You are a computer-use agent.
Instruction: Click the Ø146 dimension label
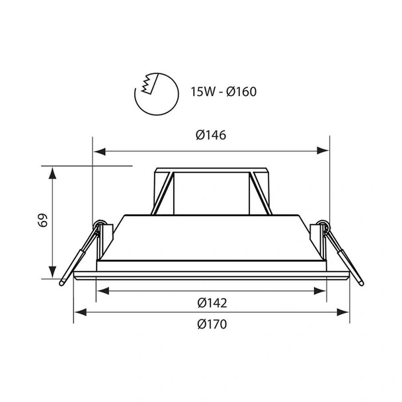click(x=212, y=136)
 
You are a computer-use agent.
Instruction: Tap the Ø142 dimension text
click(x=212, y=303)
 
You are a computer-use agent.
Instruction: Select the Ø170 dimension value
click(x=212, y=324)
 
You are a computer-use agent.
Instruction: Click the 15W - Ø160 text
click(x=223, y=91)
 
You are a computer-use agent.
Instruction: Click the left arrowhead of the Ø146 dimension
click(x=97, y=151)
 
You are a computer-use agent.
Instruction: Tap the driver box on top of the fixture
click(x=212, y=190)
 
